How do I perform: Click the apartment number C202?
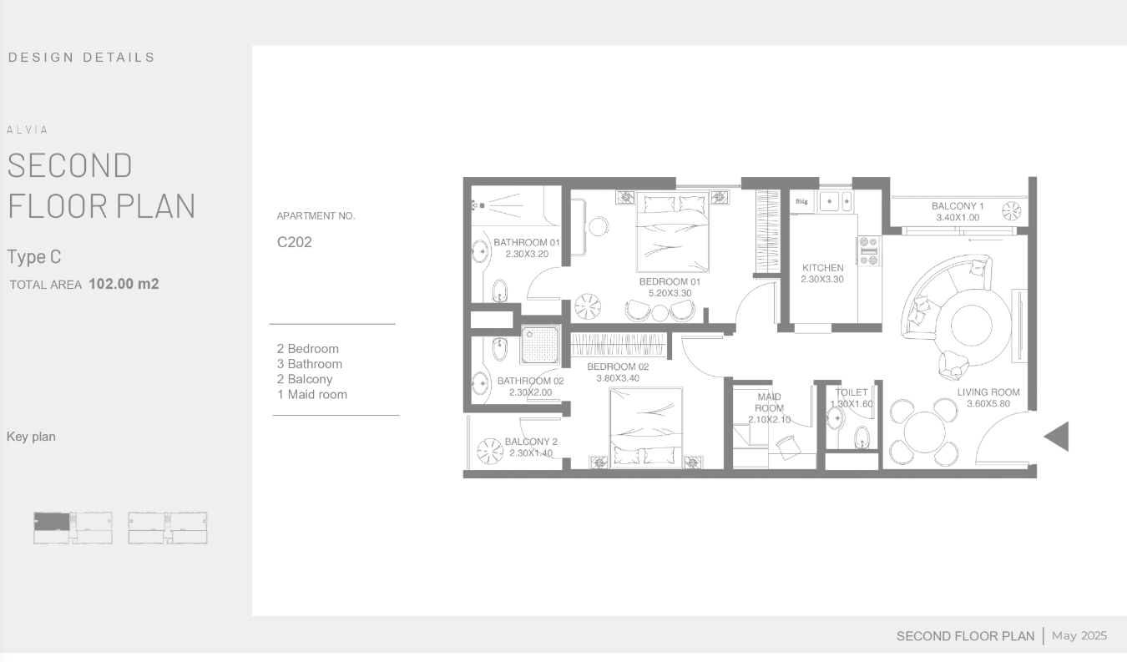click(x=295, y=242)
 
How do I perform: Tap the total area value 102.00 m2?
click(x=124, y=284)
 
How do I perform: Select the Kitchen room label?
click(x=822, y=268)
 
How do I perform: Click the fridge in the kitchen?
click(x=801, y=202)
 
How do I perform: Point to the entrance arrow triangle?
click(x=1057, y=437)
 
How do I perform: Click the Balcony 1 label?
click(x=958, y=206)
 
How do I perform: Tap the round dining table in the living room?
click(x=924, y=432)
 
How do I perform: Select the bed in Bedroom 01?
click(x=673, y=232)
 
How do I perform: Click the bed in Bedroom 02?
click(x=646, y=427)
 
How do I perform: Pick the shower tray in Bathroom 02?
click(x=540, y=345)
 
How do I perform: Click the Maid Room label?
click(x=769, y=402)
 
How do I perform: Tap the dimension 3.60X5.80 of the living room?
click(x=988, y=404)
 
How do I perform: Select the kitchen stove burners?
click(x=869, y=251)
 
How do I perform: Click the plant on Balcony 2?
click(x=489, y=452)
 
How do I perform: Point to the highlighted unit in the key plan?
click(x=52, y=521)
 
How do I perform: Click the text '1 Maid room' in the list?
click(x=312, y=394)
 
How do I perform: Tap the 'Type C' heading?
click(x=33, y=256)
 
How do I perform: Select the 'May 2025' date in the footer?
click(x=1079, y=636)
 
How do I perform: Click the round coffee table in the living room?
click(x=971, y=325)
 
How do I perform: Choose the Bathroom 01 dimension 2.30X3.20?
click(x=527, y=254)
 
